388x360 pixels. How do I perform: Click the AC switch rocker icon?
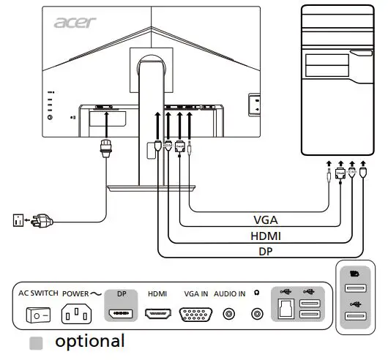37,315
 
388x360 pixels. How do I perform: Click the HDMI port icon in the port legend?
157,315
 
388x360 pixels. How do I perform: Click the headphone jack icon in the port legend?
257,315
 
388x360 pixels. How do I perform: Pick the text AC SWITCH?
37,293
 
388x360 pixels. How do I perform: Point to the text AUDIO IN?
230,293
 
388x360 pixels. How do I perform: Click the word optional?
90,341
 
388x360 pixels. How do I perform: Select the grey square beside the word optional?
36,342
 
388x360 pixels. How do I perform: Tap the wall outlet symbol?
18,219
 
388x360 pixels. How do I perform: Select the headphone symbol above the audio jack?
257,293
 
